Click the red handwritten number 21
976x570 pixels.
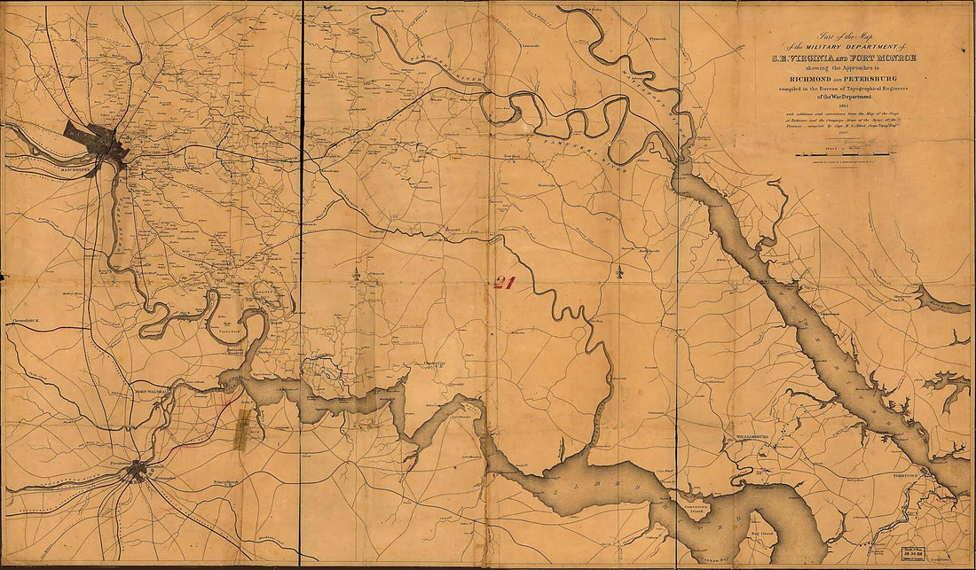(505, 282)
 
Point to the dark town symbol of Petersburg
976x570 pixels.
(136, 472)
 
